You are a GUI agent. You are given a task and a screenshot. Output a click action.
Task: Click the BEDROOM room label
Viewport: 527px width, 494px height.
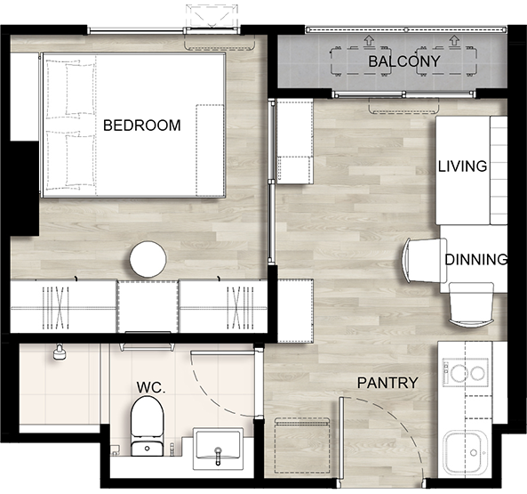141,126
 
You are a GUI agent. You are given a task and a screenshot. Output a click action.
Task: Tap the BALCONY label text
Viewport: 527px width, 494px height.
404,61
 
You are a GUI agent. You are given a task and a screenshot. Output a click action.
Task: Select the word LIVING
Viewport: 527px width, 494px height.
462,166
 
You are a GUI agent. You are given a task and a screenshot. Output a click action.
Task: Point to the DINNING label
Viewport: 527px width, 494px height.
476,259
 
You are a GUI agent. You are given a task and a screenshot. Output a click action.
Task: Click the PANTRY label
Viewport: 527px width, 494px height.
387,383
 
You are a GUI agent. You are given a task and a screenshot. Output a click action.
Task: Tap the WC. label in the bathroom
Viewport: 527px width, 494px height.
151,388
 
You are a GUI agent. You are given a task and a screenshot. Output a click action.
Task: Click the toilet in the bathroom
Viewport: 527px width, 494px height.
148,426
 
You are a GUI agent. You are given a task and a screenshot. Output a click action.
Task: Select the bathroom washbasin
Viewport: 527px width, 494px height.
218,449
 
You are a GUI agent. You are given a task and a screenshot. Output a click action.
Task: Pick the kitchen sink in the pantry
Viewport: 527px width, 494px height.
465,453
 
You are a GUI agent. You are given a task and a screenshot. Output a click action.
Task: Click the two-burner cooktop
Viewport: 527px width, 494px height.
466,372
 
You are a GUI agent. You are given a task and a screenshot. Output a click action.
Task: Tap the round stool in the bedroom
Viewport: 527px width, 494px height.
148,259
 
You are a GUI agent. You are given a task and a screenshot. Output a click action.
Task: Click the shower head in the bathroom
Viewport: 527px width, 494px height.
60,352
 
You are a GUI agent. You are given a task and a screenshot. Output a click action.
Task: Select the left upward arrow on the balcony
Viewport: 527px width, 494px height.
369,41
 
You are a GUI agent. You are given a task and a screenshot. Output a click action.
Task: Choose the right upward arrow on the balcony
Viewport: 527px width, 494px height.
454,41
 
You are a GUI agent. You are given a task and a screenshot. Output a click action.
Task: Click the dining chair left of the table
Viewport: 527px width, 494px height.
425,261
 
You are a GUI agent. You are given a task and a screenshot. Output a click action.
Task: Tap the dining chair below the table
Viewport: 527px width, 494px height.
471,305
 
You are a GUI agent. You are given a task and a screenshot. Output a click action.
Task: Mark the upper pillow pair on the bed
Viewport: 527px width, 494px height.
70,89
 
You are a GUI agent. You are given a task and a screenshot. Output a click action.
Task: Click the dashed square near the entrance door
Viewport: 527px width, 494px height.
302,446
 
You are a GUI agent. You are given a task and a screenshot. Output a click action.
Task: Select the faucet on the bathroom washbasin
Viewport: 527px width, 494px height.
218,455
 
